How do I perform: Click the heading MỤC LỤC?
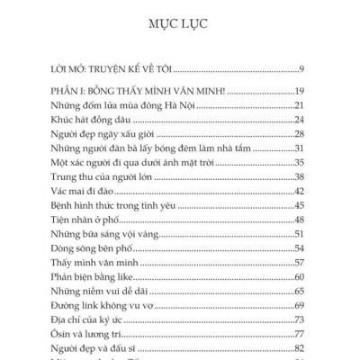pos(179,22)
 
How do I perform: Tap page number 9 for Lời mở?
pos(306,68)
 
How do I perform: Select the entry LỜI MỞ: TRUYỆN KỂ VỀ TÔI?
pos(112,68)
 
